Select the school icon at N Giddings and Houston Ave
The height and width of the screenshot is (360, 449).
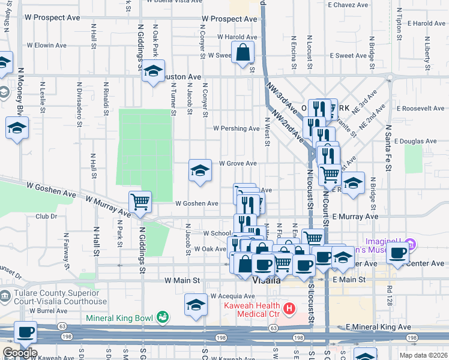154,72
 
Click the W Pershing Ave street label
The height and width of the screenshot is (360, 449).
237,128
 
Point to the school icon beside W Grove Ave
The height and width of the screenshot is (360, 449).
200,171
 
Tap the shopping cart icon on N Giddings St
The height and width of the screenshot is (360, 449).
140,203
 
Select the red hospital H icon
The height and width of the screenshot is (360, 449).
289,310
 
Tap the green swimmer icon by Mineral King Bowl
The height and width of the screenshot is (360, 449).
162,317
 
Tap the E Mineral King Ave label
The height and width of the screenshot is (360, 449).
379,327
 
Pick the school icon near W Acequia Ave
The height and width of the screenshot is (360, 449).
195,305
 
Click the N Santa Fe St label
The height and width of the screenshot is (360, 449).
388,147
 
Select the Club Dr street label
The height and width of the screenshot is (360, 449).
46,217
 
